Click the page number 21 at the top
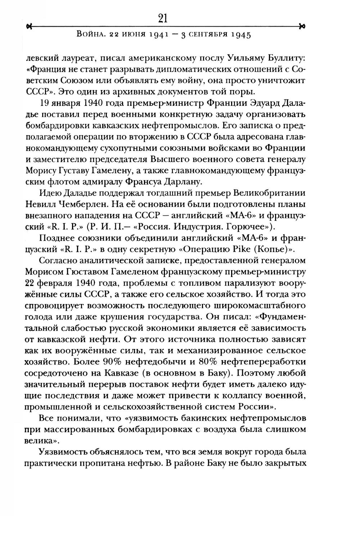point(163,18)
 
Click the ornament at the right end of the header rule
point(302,26)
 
